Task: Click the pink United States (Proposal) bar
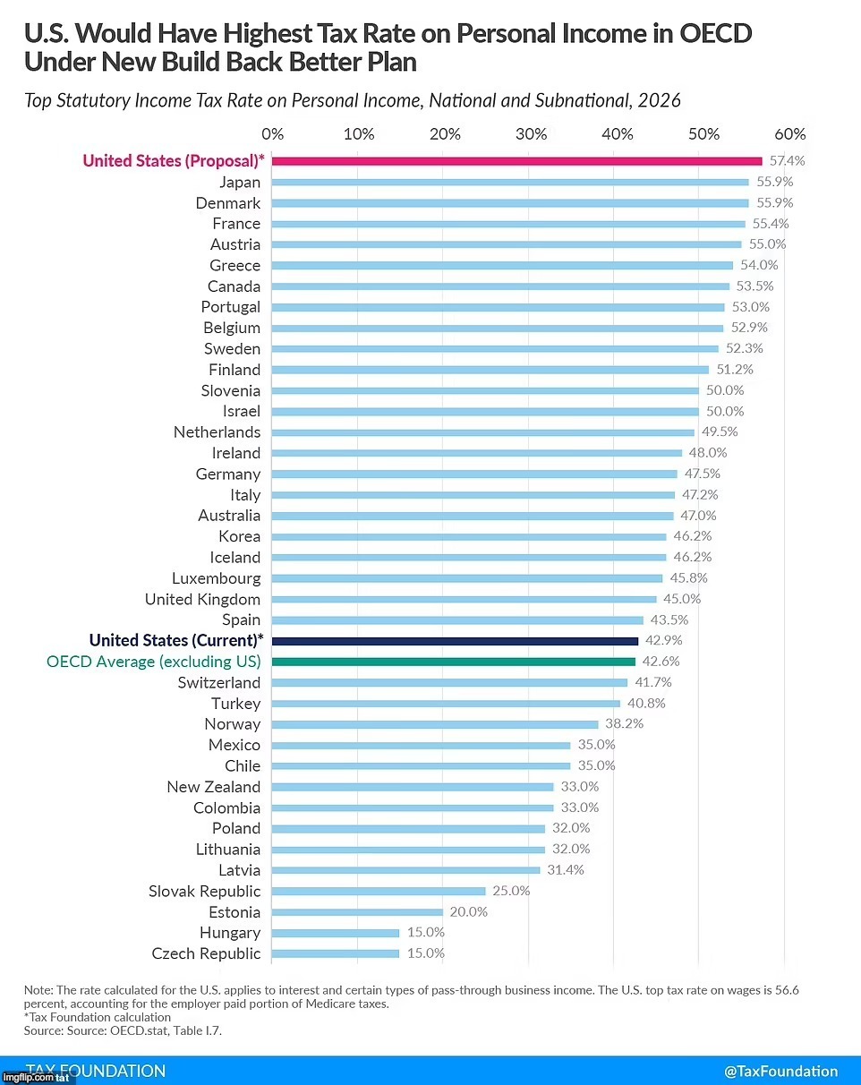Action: (517, 161)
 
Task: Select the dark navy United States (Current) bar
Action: (455, 641)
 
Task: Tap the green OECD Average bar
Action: (454, 662)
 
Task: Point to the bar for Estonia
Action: (357, 912)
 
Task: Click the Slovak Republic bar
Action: (379, 891)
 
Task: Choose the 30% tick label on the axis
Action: (532, 134)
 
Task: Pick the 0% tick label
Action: (272, 134)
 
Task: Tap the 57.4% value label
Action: (788, 161)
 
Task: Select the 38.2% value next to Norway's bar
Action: (623, 723)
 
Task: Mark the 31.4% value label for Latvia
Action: (565, 869)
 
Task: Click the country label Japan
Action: (240, 182)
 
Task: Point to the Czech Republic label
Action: (206, 953)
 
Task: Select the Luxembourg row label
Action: (217, 578)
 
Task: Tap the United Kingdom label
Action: (202, 599)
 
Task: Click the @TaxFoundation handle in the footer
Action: (780, 1071)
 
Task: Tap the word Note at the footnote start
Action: (40, 990)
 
